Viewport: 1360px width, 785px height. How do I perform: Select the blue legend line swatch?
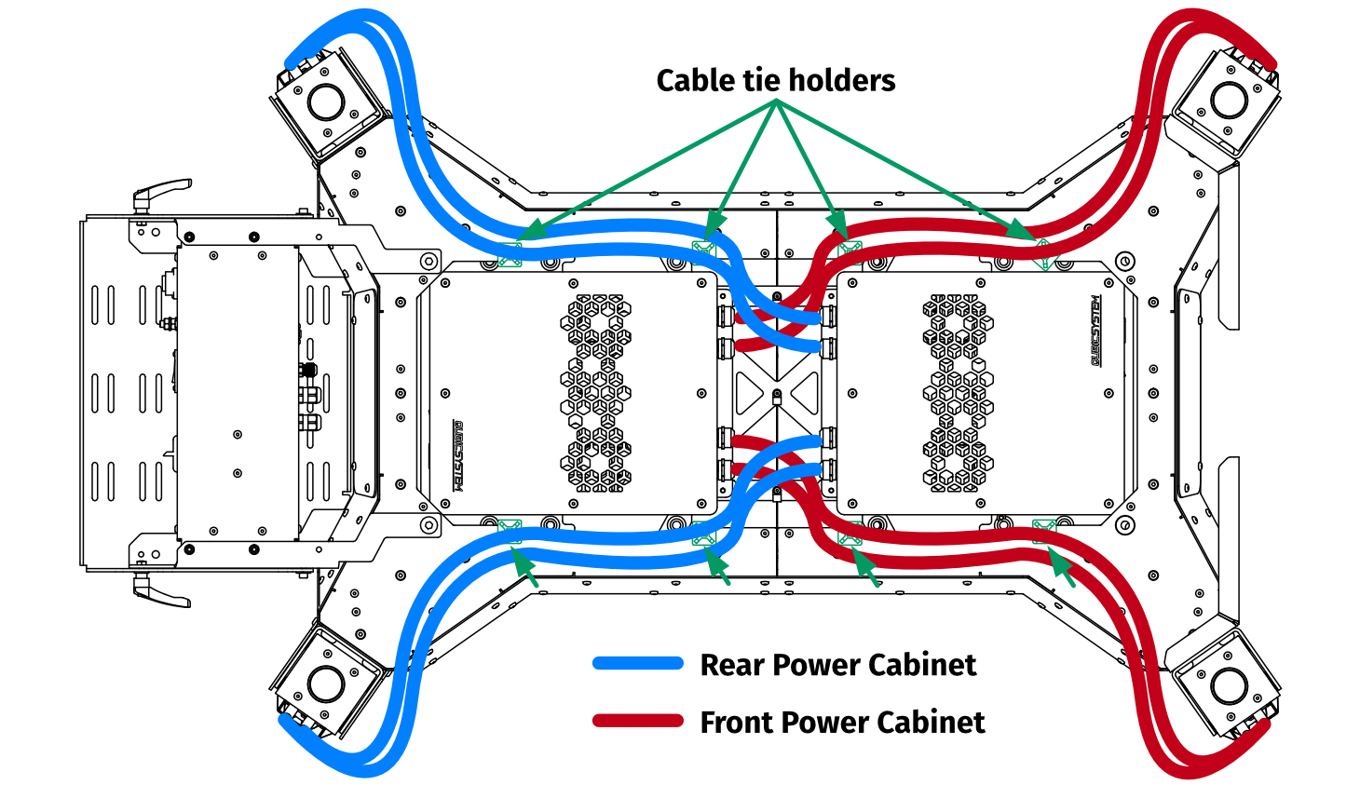638,664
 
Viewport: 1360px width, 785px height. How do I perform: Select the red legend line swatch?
638,721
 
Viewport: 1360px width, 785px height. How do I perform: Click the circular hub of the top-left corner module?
326,102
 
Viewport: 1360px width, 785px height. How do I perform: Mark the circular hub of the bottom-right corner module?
1229,686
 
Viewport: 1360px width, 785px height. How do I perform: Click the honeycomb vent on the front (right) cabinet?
959,393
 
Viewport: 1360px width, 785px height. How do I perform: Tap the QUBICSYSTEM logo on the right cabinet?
1096,331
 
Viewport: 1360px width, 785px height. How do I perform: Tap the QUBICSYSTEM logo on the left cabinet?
457,455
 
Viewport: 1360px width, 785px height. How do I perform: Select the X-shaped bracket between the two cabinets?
777,394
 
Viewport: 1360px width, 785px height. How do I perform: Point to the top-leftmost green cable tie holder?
510,252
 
